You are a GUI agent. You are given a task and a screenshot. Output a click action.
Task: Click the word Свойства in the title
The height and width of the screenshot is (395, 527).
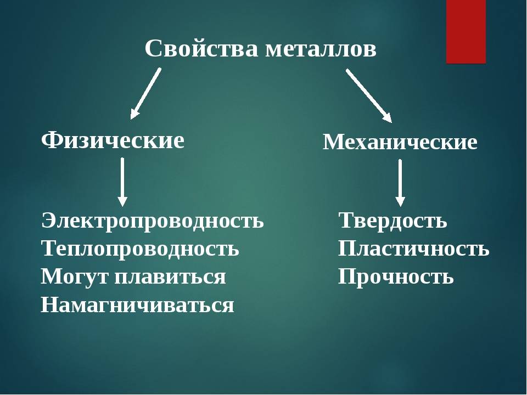pyautogui.click(x=201, y=49)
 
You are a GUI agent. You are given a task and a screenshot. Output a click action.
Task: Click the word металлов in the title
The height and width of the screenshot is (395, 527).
pyautogui.click(x=321, y=50)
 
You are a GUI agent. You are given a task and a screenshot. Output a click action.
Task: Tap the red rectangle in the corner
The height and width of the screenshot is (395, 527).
pyautogui.click(x=466, y=32)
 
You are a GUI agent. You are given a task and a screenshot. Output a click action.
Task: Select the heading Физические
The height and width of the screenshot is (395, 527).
pyautogui.click(x=113, y=140)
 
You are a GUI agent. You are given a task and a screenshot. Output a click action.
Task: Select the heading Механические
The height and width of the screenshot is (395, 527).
pyautogui.click(x=400, y=142)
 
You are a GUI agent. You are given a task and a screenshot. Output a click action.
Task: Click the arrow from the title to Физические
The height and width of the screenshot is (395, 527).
pyautogui.click(x=145, y=94)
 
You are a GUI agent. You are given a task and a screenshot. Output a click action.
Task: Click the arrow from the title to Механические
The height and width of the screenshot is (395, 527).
pyautogui.click(x=369, y=95)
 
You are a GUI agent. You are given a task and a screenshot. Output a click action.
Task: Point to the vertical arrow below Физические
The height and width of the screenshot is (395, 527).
pyautogui.click(x=122, y=182)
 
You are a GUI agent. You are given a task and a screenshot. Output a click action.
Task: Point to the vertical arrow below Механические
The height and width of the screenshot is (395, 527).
pyautogui.click(x=400, y=183)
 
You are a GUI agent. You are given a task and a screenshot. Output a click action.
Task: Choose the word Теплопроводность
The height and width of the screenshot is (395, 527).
pyautogui.click(x=140, y=249)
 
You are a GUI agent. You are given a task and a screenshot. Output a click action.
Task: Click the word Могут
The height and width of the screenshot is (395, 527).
pyautogui.click(x=75, y=277)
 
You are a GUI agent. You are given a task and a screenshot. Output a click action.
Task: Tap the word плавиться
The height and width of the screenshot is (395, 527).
pyautogui.click(x=170, y=278)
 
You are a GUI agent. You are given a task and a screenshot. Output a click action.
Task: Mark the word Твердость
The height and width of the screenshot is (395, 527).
pyautogui.click(x=393, y=221)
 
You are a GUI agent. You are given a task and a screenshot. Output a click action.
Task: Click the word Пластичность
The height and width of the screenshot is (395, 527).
pyautogui.click(x=414, y=249)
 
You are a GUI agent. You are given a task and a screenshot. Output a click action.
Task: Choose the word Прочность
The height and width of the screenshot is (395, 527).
pyautogui.click(x=396, y=277)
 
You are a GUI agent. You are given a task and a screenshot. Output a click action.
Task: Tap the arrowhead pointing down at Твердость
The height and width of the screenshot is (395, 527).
pyautogui.click(x=400, y=201)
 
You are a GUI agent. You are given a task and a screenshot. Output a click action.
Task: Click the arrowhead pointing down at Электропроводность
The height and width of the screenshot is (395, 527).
pyautogui.click(x=122, y=201)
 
